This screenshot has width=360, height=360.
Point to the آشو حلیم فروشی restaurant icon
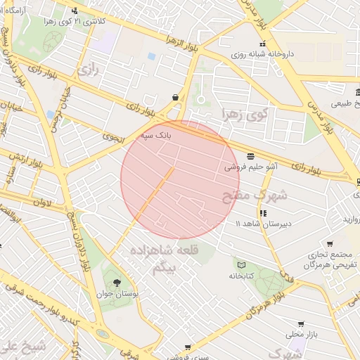point(250,156)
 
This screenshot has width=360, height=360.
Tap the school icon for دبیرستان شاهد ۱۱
point(263,212)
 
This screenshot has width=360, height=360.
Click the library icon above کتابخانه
point(242,264)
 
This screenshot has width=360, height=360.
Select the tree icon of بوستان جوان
point(117,281)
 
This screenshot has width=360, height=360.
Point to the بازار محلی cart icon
point(301,324)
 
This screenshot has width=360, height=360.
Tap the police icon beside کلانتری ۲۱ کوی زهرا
point(75,11)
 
